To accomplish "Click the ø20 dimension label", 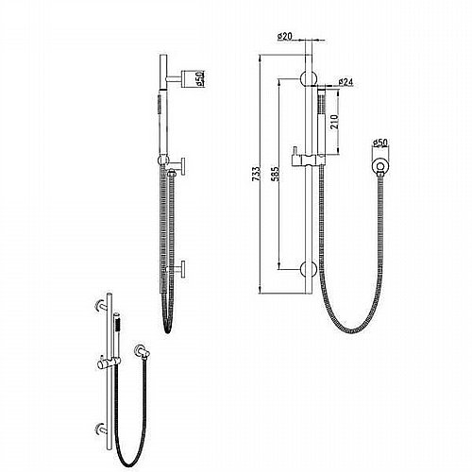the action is point(284,36).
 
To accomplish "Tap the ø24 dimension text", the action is point(346,82).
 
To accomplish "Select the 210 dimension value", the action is point(334,122).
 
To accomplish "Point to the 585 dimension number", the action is point(275,174).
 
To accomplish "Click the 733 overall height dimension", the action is point(257,174).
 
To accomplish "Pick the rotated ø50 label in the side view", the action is point(200,78).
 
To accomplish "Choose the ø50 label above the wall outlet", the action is point(379,143).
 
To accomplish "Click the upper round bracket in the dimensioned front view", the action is point(309,78).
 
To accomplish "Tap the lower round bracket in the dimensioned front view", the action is point(309,269).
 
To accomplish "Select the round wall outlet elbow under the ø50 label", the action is point(379,166).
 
